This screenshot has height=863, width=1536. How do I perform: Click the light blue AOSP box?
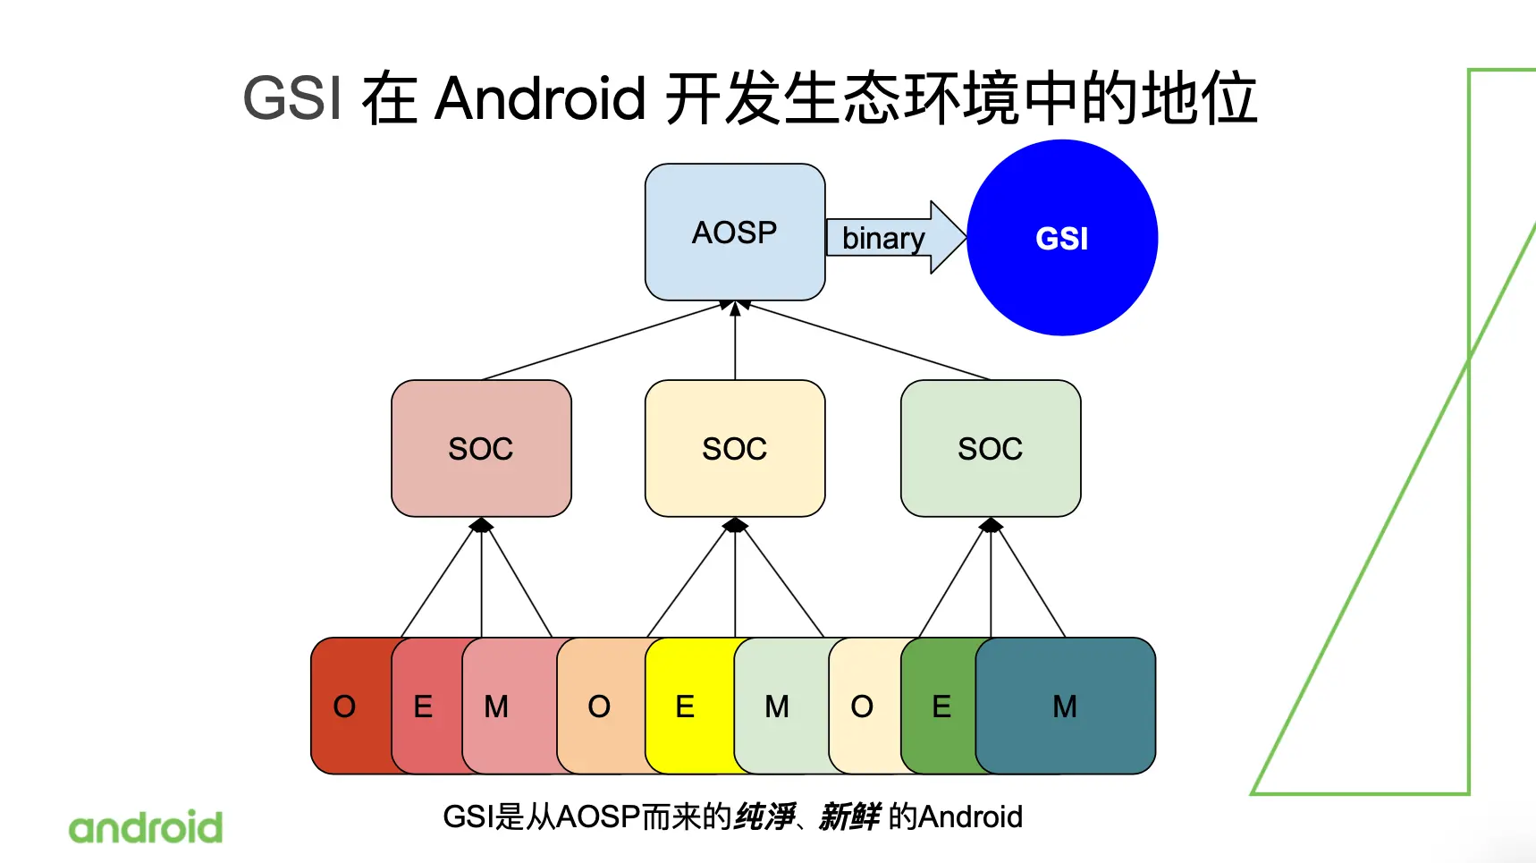(x=734, y=232)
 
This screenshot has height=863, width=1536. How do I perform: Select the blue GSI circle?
(x=1062, y=238)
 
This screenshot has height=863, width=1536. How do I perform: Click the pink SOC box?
(x=481, y=448)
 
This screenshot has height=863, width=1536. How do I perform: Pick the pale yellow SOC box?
(x=734, y=448)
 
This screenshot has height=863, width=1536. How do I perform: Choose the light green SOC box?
(x=990, y=448)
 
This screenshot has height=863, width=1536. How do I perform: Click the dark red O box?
(x=345, y=706)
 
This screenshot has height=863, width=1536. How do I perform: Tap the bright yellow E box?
(x=686, y=706)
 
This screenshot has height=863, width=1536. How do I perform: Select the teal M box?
(x=1065, y=706)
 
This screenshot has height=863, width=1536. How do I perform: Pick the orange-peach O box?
(x=599, y=706)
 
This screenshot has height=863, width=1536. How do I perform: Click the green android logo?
(x=146, y=828)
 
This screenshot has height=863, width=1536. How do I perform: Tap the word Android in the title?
(x=540, y=97)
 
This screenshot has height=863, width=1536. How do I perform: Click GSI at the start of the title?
(x=292, y=97)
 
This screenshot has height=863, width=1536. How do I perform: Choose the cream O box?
(x=862, y=706)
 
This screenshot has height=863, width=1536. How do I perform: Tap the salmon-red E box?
(x=424, y=706)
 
